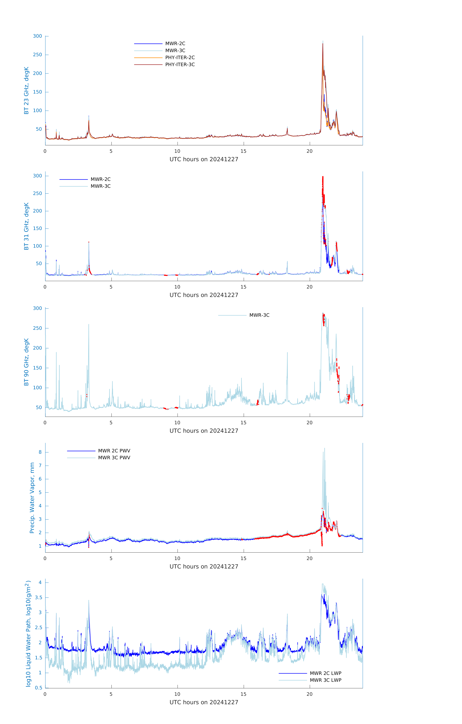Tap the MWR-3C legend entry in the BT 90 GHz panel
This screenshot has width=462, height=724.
[x=244, y=315]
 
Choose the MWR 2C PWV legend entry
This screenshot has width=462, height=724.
[x=99, y=451]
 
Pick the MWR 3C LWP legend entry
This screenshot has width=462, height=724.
[x=310, y=680]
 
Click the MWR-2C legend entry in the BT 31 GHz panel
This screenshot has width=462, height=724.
[x=85, y=179]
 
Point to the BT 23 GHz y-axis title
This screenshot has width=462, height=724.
[x=26, y=90]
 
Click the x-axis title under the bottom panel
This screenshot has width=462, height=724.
[x=204, y=702]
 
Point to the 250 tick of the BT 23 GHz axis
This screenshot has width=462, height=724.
[x=38, y=55]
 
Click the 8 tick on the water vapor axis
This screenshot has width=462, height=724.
[x=40, y=452]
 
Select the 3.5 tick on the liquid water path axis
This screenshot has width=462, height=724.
[x=39, y=597]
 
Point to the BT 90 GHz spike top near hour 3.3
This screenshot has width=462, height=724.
[x=89, y=324]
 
